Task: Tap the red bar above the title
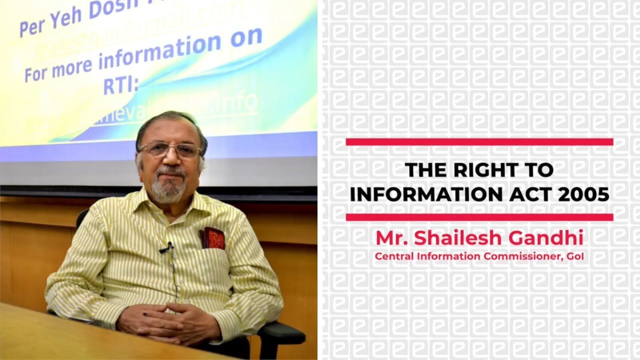point(479,142)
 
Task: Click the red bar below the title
point(479,217)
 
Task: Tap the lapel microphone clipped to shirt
point(167,247)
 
